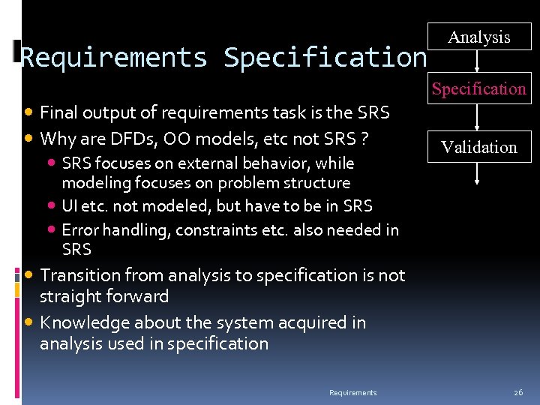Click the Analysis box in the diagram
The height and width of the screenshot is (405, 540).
tap(478, 37)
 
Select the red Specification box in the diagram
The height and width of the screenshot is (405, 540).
tap(478, 88)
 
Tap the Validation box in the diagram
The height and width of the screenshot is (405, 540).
tap(478, 147)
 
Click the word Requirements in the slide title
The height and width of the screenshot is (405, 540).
tap(114, 57)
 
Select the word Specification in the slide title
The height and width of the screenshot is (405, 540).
tap(325, 57)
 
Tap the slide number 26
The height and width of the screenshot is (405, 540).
tap(518, 392)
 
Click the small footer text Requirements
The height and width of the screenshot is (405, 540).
tap(353, 392)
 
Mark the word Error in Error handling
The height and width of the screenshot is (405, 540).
tap(79, 229)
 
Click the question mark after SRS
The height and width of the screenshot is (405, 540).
tap(364, 139)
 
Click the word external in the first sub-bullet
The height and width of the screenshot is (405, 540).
tap(207, 163)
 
